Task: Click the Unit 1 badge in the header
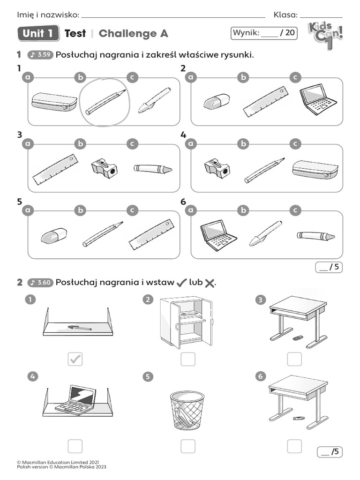(38, 33)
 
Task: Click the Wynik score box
(264, 33)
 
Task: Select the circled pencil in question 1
(105, 101)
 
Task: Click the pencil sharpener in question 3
(104, 168)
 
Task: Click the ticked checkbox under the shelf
(75, 359)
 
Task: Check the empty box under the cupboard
(188, 359)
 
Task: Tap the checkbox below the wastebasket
(188, 446)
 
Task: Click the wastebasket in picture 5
(187, 411)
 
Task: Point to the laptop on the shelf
(75, 398)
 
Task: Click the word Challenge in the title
(127, 34)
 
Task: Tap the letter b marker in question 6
(243, 210)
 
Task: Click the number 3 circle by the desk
(260, 300)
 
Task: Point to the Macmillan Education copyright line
(58, 462)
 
